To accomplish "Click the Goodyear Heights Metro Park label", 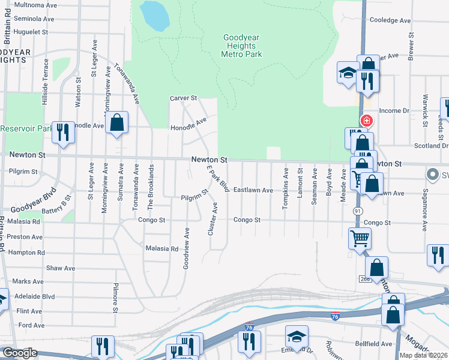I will pyautogui.click(x=241, y=46).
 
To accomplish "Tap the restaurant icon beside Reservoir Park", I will pyautogui.click(x=62, y=131).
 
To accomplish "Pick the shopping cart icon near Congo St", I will pyautogui.click(x=360, y=239).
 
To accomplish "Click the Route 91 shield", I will pyautogui.click(x=358, y=211).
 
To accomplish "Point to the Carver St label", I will pyautogui.click(x=183, y=98).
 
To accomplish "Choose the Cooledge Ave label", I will pyautogui.click(x=390, y=20).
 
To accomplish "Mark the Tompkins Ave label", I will pyautogui.click(x=286, y=188).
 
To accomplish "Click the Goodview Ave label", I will pyautogui.click(x=186, y=247).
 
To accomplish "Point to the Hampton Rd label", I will pyautogui.click(x=27, y=253).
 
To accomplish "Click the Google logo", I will pyautogui.click(x=19, y=353).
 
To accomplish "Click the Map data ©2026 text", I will pyautogui.click(x=423, y=355).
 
